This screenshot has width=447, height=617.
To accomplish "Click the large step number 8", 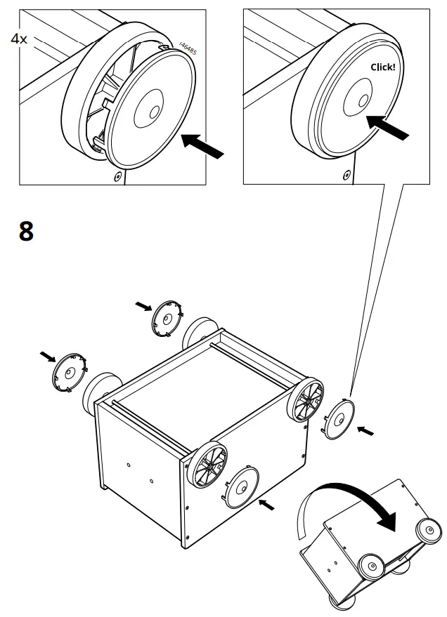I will [x=25, y=230].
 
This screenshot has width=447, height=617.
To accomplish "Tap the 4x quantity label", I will [x=19, y=39].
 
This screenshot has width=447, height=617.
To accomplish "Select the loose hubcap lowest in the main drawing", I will [x=240, y=484].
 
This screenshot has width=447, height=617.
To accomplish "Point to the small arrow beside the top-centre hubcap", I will [x=143, y=305].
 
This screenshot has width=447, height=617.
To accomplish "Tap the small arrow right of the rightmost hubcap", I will [x=365, y=431].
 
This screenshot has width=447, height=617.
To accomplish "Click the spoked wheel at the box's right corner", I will [x=306, y=401].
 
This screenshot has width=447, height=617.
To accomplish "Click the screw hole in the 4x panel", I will [x=117, y=175].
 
